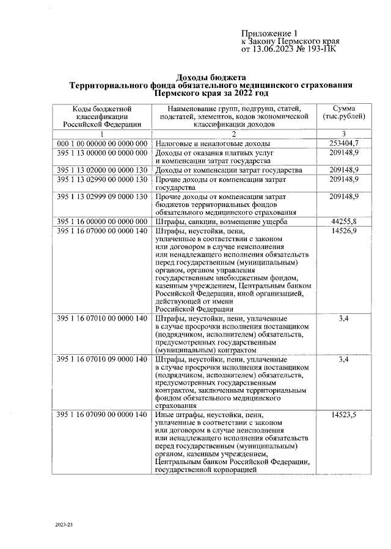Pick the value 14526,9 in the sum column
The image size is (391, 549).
(x=343, y=231)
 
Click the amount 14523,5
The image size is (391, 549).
(x=343, y=415)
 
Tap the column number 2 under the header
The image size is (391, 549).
(x=233, y=134)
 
